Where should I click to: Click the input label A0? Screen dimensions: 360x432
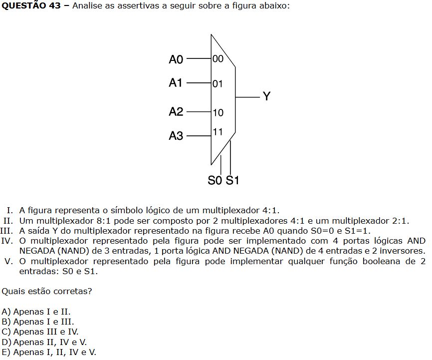[x=176, y=59]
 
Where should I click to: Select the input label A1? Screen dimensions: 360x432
[x=176, y=83]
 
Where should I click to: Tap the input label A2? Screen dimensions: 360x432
[x=176, y=112]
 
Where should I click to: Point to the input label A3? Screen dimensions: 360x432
[x=176, y=135]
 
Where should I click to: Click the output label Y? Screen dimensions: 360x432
[x=267, y=96]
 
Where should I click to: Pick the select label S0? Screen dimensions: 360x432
[x=215, y=181]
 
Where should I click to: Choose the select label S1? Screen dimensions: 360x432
[x=232, y=181]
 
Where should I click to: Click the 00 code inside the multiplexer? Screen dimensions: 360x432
[x=218, y=59]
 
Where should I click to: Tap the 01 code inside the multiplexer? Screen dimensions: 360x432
[x=218, y=84]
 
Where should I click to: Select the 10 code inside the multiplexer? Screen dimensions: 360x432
[x=218, y=113]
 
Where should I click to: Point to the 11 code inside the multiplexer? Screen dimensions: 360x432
[x=217, y=132]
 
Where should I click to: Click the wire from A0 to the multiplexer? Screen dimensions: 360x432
[x=199, y=59]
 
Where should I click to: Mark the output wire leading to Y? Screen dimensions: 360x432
[x=247, y=96]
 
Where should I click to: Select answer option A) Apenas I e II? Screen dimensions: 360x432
[x=36, y=312]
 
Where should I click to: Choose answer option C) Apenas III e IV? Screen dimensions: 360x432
[x=40, y=332]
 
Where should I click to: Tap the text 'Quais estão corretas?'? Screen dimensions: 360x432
[x=47, y=290]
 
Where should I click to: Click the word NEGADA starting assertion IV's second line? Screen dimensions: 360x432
[x=36, y=251]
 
